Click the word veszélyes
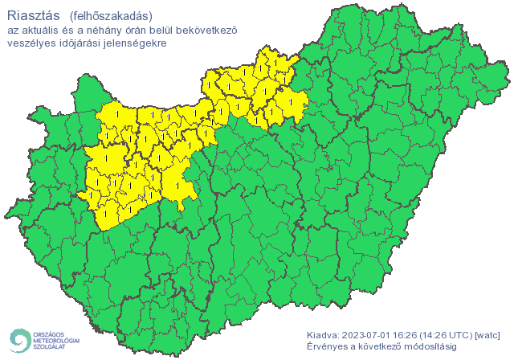31,43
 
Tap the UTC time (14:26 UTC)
448,334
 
